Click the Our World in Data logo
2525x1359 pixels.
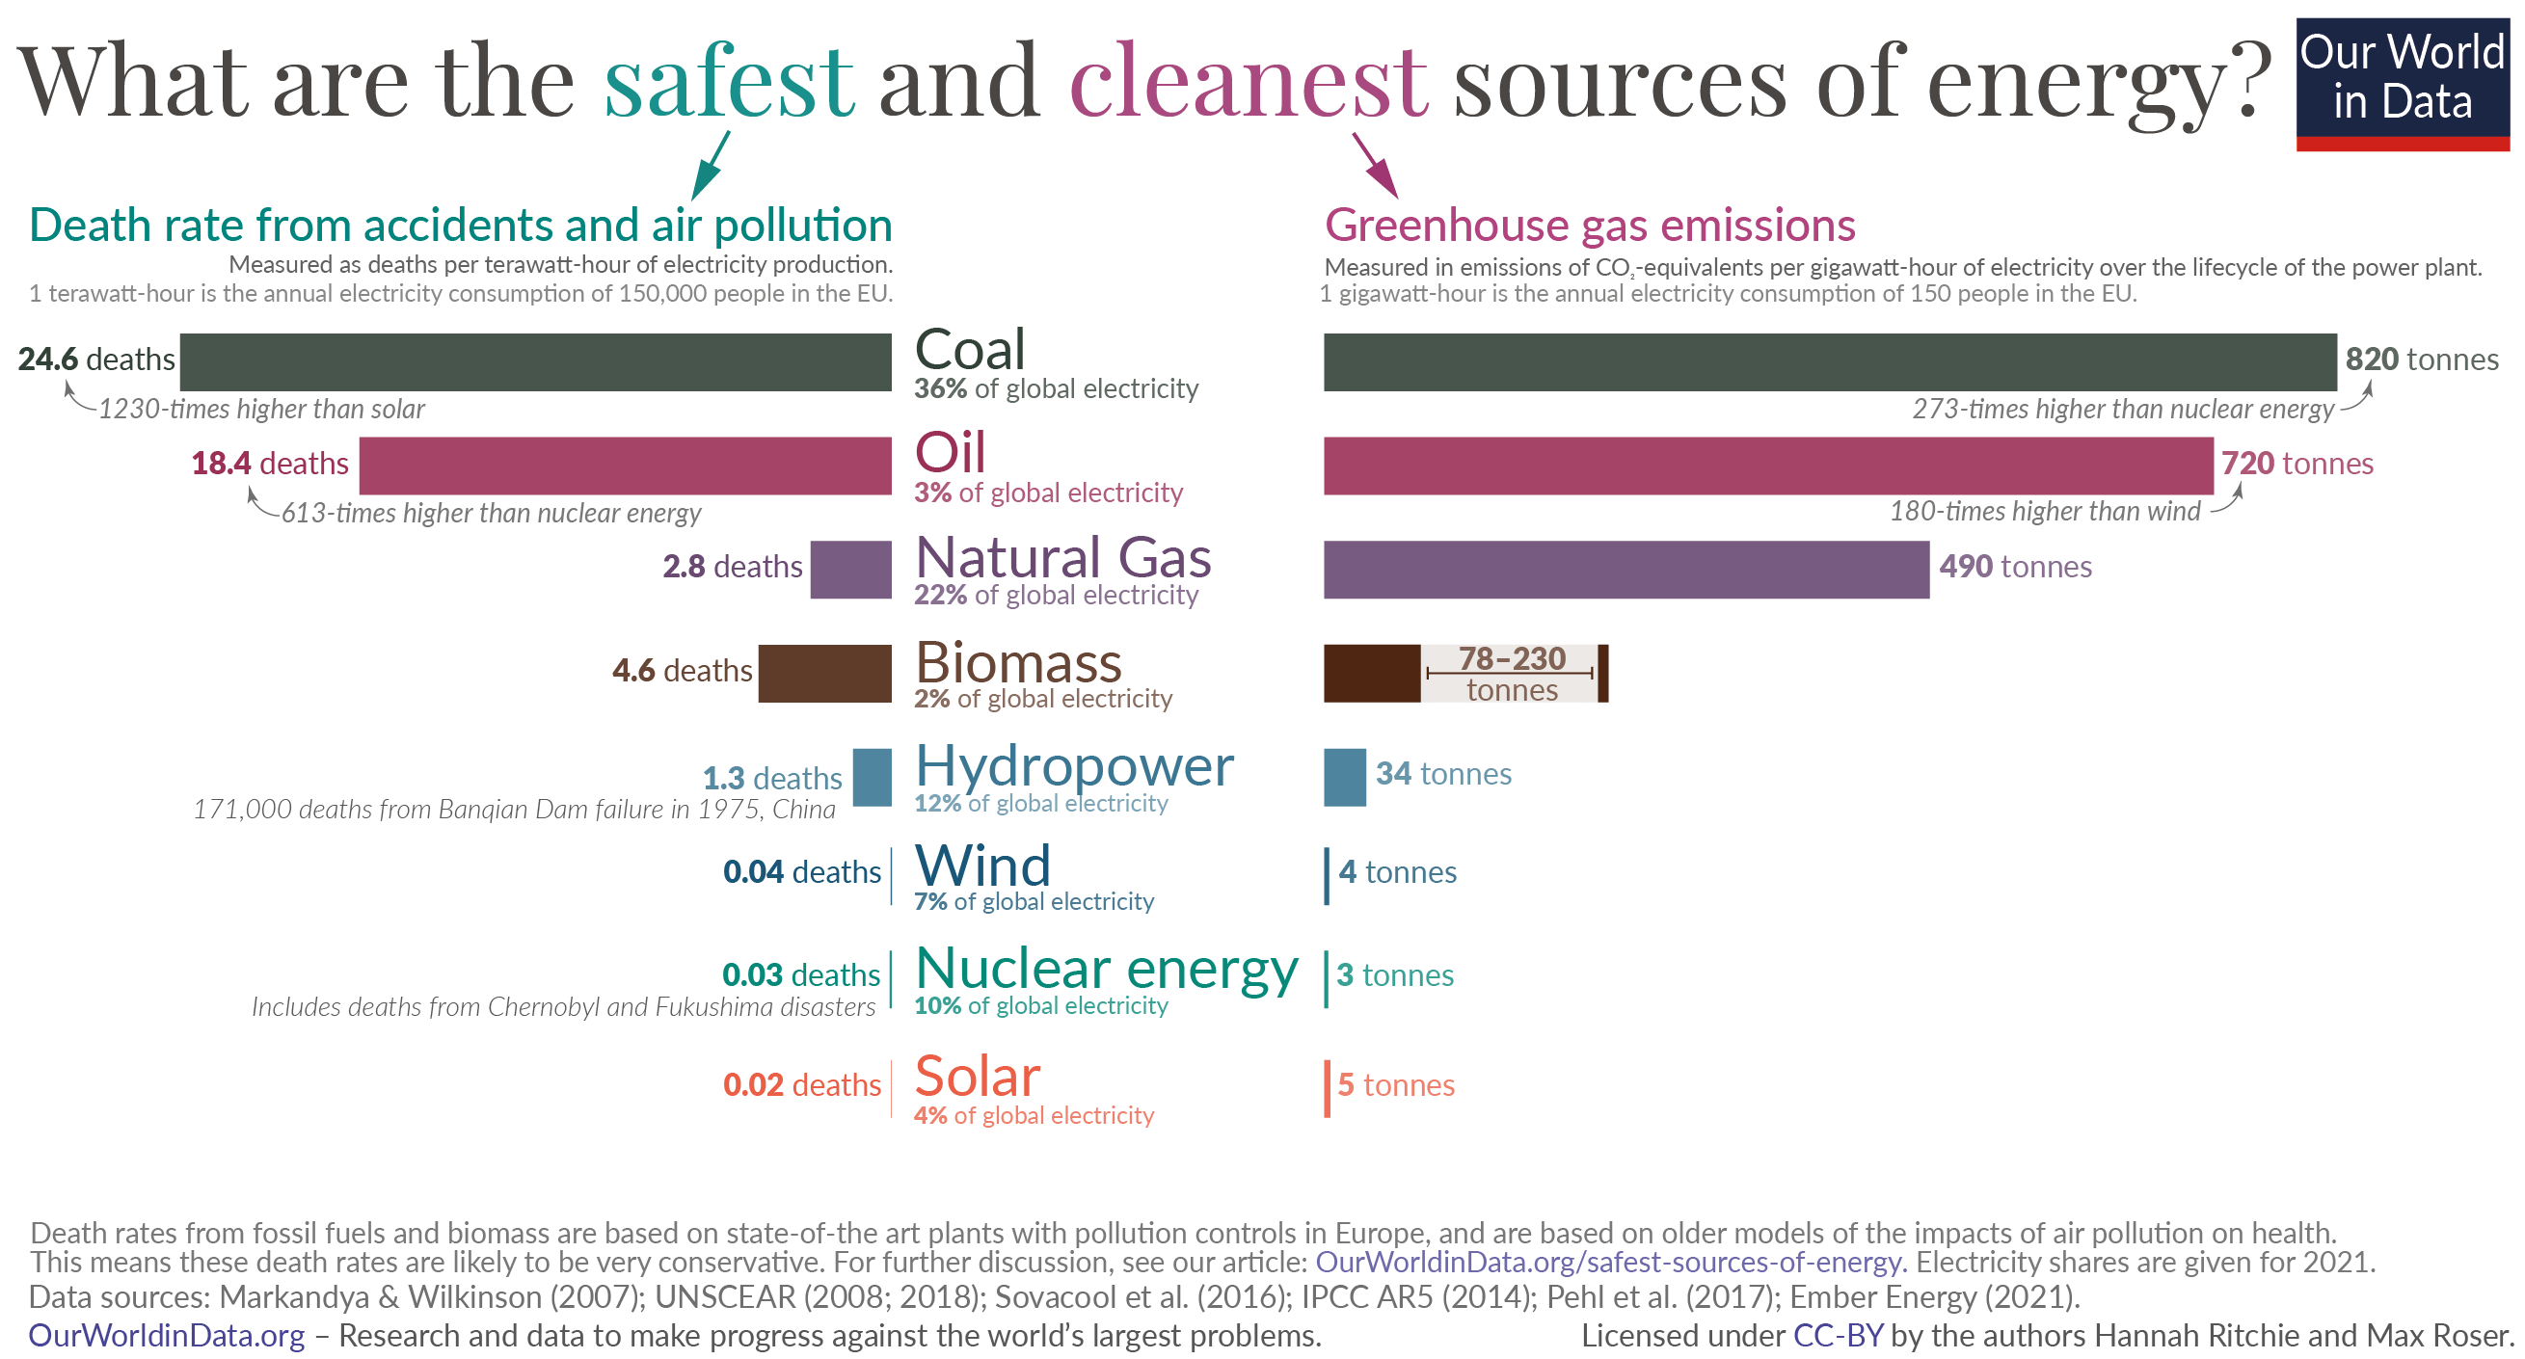pos(2402,83)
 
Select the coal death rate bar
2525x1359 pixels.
pos(535,361)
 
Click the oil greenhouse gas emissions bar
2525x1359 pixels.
pos(1767,466)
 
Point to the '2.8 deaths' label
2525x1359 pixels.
pos(731,567)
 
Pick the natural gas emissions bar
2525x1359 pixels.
pos(1625,570)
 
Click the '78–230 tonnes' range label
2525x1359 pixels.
pos(1511,673)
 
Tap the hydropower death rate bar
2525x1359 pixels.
pos(872,777)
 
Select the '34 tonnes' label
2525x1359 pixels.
pos(1442,774)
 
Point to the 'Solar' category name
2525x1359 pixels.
pos(977,1077)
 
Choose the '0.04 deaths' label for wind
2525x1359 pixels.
pos(801,872)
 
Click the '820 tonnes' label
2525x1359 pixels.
pos(2420,360)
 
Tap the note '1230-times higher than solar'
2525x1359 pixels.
pos(260,410)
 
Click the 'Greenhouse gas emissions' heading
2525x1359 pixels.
pos(1589,226)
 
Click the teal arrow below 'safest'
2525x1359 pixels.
pos(711,166)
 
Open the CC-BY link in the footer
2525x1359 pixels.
pos(1837,1336)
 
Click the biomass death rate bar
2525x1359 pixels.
pos(824,673)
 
